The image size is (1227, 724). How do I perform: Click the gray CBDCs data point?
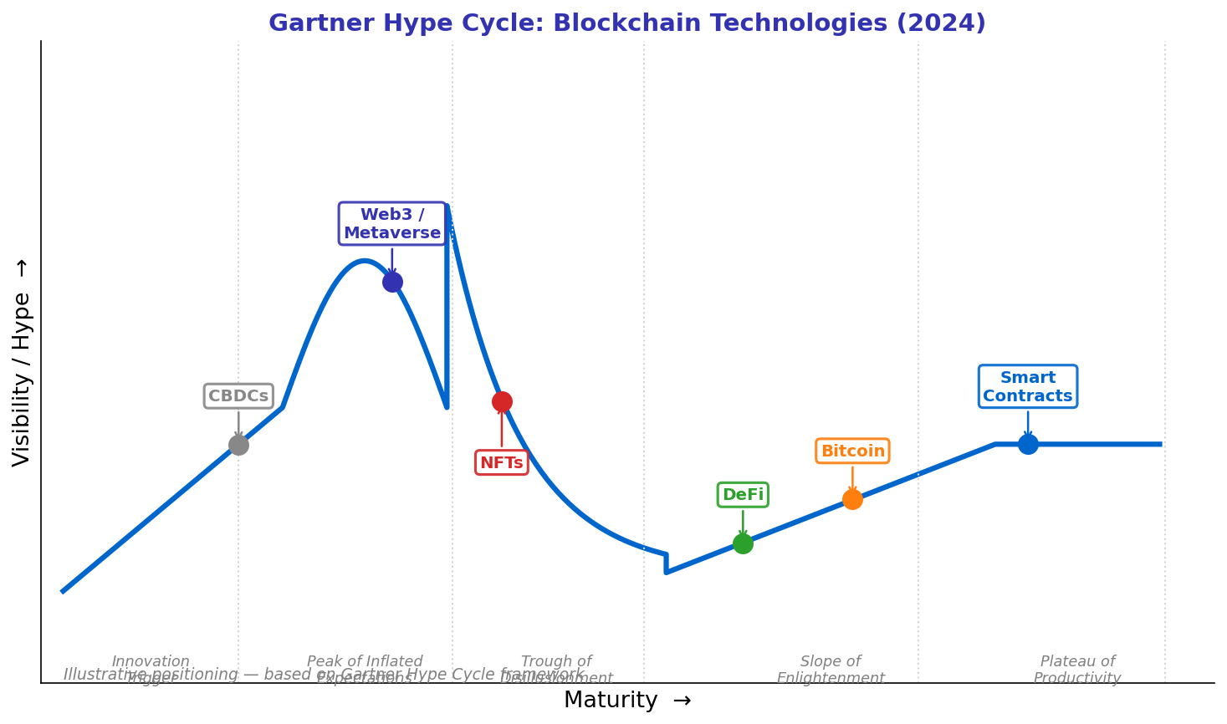coord(238,445)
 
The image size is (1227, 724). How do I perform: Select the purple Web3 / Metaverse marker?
coord(392,282)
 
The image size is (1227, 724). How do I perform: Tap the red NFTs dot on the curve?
coord(502,401)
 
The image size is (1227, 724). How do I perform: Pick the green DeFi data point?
coord(743,543)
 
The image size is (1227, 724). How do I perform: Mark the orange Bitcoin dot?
coord(852,499)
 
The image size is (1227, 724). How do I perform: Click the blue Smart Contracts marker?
coord(1028,444)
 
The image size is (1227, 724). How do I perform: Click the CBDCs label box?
coord(238,396)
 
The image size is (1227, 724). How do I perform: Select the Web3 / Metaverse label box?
coord(392,224)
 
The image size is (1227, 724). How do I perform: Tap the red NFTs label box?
coord(502,462)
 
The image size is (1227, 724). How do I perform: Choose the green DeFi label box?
coord(743,495)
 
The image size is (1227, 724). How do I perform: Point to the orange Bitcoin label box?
coord(852,451)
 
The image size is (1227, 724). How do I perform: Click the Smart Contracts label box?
coord(1028,387)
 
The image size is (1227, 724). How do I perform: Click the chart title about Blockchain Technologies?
coord(627,23)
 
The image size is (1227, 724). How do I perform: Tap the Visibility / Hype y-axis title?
coord(22,362)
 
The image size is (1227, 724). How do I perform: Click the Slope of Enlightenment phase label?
coord(831,670)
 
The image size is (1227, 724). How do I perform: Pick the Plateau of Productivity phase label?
coord(1077,670)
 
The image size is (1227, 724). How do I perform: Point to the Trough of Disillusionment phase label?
coord(556,670)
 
